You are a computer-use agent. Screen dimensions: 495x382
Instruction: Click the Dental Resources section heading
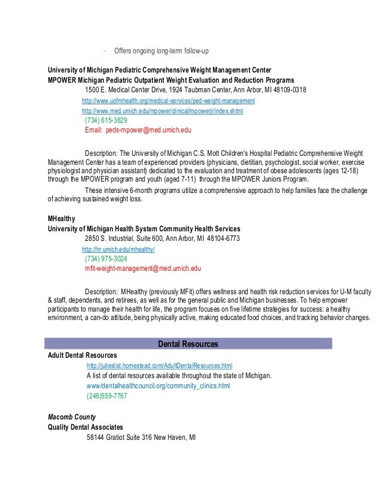(187, 344)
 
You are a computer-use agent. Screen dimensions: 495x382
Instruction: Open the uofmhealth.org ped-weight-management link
(168, 101)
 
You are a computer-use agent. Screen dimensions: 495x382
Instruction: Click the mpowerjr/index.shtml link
(162, 111)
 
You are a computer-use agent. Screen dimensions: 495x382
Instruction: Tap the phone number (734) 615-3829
(106, 120)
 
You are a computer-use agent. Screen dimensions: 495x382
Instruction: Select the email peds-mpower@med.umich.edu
(138, 129)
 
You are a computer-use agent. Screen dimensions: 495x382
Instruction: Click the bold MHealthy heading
(62, 219)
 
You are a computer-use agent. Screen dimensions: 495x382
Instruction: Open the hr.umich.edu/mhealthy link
(118, 249)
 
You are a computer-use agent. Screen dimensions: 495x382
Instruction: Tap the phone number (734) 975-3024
(106, 259)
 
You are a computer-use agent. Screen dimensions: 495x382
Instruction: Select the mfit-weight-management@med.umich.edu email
(143, 269)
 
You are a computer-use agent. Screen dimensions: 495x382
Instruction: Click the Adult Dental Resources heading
(81, 355)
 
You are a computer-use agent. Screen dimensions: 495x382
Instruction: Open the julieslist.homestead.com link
(159, 366)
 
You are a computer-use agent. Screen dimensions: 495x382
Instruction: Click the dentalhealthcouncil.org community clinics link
(158, 386)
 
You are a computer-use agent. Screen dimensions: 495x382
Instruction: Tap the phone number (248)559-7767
(107, 396)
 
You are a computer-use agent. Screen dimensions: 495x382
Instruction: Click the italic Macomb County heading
(72, 416)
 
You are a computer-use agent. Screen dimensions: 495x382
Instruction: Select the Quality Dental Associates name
(86, 427)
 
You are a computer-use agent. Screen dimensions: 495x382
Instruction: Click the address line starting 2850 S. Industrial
(162, 239)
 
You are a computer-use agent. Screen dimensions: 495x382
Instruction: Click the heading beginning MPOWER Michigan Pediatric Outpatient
(170, 80)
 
